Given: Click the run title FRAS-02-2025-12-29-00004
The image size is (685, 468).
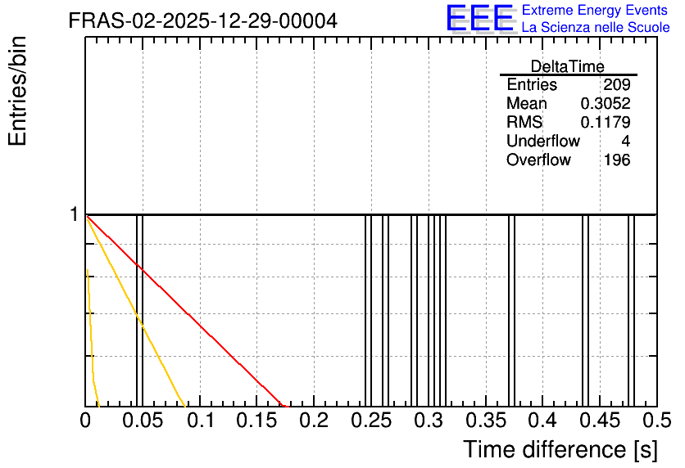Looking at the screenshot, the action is (202, 21).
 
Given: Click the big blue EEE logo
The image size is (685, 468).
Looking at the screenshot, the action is (480, 18).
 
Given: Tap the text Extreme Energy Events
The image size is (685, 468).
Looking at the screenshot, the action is (595, 10).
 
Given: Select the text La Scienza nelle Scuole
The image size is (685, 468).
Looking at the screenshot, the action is (596, 27).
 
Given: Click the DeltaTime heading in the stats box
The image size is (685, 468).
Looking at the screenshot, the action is (568, 66).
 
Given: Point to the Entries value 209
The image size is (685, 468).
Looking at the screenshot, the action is (617, 84).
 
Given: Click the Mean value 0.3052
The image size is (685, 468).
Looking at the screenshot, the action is (606, 103).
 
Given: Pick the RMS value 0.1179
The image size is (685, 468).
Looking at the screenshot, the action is (606, 122).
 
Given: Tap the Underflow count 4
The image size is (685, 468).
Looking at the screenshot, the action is (625, 141).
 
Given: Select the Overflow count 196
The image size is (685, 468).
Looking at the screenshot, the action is (617, 160).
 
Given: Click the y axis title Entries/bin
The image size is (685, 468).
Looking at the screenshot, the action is (17, 91).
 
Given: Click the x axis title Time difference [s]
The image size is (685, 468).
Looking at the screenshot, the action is (560, 450).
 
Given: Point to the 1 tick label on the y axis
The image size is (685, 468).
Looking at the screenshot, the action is (75, 214).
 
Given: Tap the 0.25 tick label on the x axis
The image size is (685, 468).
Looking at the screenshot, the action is (371, 421).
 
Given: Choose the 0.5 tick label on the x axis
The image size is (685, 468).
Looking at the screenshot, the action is (657, 421).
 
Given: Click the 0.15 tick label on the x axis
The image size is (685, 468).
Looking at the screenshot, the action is (257, 421).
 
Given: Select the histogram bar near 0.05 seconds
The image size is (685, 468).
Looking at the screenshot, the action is (140, 311).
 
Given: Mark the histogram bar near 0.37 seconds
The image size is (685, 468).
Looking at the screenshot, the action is (511, 311).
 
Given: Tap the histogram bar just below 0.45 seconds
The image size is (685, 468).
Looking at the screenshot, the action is (585, 311).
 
